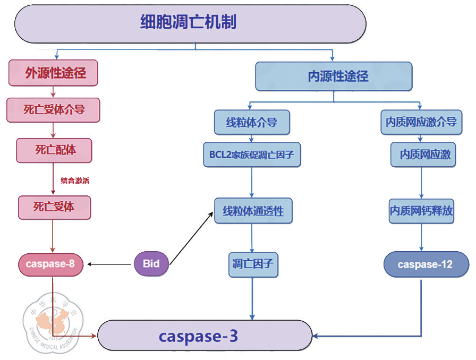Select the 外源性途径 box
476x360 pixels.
click(53, 73)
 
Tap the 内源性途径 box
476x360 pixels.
click(334, 76)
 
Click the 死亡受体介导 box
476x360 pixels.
click(53, 110)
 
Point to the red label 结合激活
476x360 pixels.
click(75, 181)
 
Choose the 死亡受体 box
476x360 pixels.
click(54, 207)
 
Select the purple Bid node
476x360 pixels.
click(151, 263)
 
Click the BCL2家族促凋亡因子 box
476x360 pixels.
click(252, 156)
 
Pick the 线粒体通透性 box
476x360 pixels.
click(253, 211)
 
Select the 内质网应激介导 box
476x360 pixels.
click(421, 123)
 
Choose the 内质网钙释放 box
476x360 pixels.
click(422, 211)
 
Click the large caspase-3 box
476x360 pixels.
click(205, 336)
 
